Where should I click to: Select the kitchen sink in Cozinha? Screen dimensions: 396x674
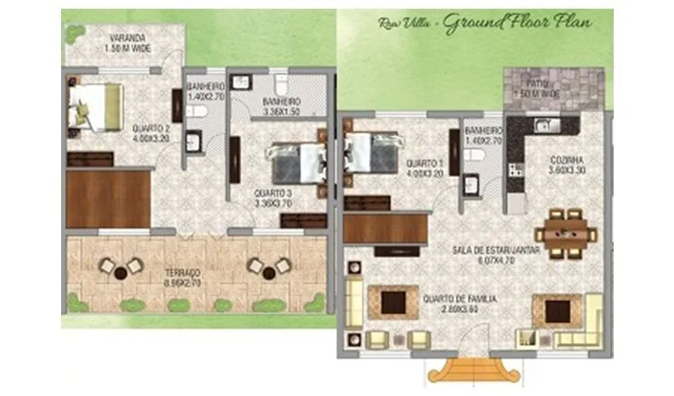(545, 125)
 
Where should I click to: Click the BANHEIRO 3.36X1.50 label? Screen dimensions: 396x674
(281, 107)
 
